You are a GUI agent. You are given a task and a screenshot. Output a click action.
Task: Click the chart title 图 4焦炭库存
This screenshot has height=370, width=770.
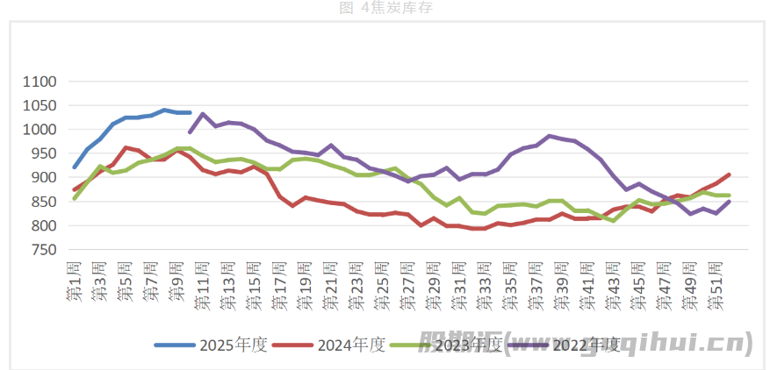click(385, 8)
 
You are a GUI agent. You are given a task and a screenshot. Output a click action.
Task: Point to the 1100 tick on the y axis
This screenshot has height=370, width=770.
click(39, 82)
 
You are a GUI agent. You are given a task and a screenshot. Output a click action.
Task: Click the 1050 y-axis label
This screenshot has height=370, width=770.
click(39, 105)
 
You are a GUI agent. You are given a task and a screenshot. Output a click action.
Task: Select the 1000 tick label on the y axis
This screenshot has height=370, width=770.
click(39, 130)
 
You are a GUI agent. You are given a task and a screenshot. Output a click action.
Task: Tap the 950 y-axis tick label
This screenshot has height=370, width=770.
click(43, 153)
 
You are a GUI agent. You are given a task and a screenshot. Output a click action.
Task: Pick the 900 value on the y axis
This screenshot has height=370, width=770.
click(43, 178)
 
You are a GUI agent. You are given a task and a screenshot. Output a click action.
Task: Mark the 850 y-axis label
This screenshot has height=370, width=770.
click(43, 202)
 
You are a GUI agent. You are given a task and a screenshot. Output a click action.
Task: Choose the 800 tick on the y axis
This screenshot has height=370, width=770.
click(43, 225)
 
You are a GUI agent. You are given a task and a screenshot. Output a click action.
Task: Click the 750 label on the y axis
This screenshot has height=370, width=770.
click(43, 250)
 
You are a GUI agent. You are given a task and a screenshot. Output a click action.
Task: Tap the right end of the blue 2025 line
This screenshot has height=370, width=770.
click(190, 112)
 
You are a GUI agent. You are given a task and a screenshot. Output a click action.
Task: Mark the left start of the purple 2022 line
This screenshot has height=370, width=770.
click(190, 132)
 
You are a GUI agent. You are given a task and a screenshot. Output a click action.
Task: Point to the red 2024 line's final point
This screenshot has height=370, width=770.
click(728, 174)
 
